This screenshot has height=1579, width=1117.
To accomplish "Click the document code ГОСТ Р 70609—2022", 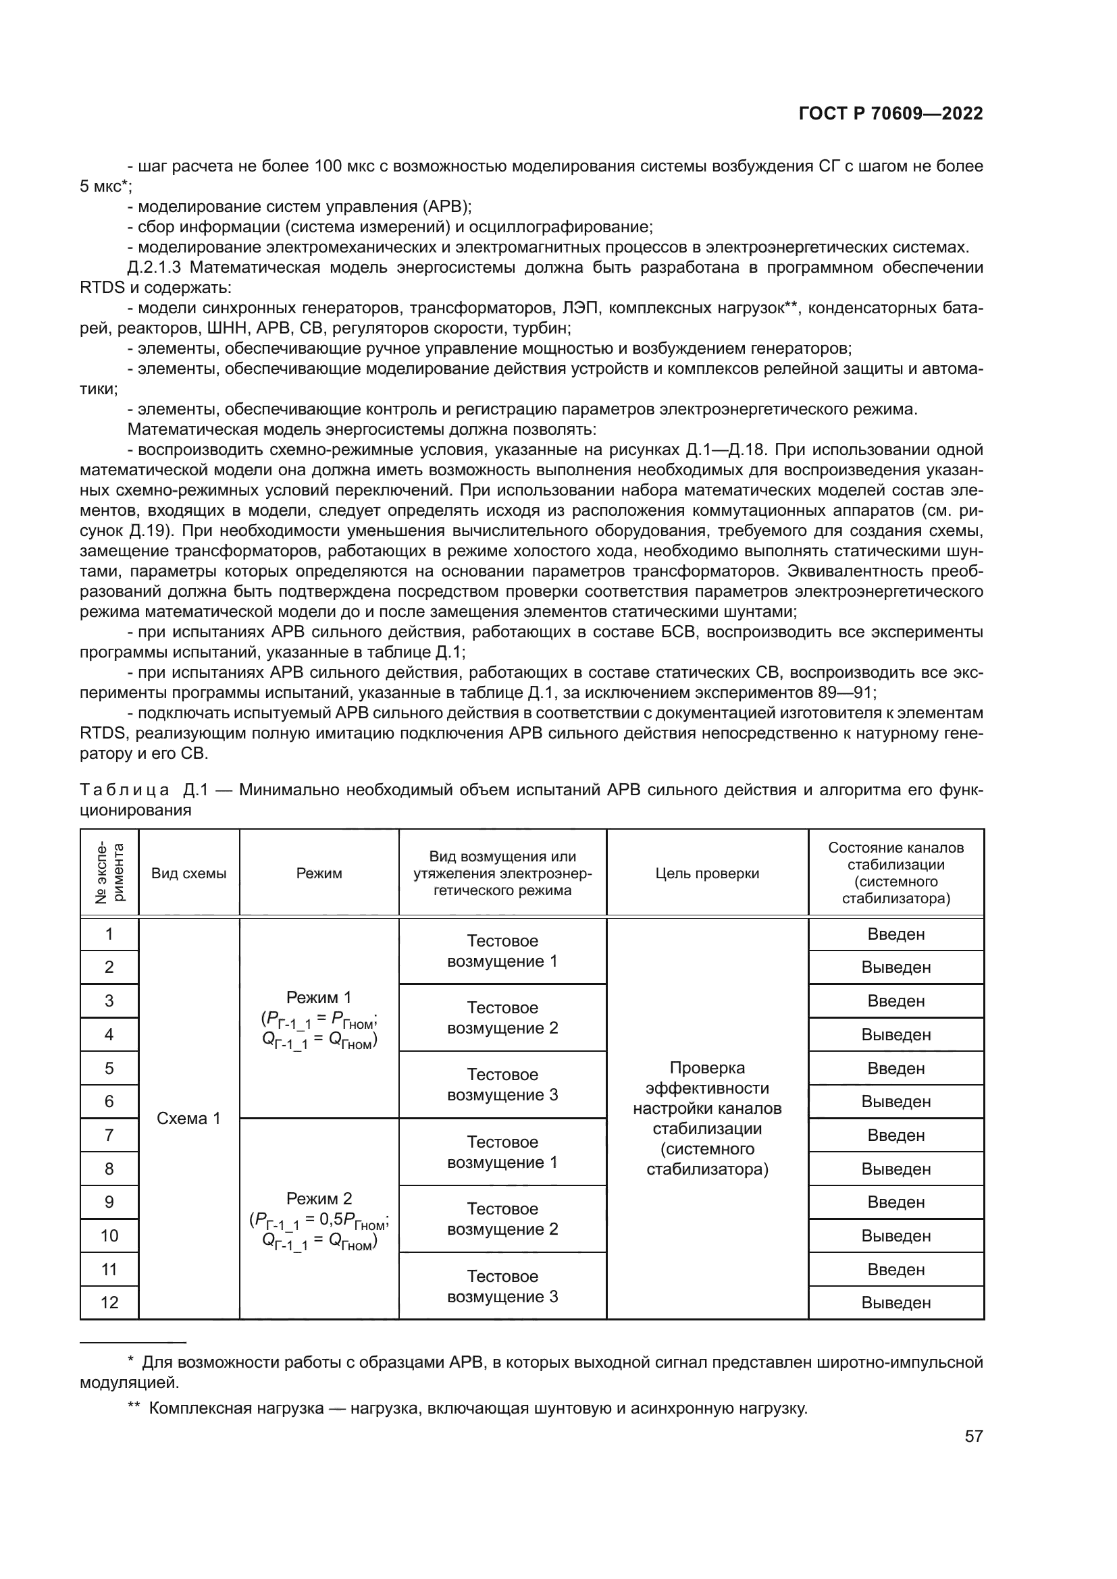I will (891, 113).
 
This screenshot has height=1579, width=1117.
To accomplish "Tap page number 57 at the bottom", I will (973, 1436).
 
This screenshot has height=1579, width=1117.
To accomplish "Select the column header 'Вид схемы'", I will (188, 874).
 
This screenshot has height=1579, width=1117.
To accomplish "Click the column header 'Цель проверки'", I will (707, 874).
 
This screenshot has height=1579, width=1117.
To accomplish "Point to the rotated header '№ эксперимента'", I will (109, 873).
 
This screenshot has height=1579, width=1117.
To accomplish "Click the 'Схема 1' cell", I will (188, 1118).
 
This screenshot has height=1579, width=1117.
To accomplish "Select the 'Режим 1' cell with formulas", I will (319, 1019).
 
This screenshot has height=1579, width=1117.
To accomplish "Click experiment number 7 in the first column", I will (109, 1135).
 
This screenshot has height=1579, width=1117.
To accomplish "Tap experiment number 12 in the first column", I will (109, 1302).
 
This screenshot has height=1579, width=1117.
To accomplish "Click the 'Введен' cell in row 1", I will (895, 934).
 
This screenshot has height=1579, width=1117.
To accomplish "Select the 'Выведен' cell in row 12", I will (895, 1302).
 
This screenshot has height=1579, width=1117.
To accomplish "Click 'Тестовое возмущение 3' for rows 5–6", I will (502, 1085).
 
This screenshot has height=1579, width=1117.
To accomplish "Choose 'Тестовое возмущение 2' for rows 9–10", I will (502, 1219).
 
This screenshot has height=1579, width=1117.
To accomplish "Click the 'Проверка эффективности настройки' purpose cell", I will (707, 1118).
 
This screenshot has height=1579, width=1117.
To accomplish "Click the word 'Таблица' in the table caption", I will (124, 790).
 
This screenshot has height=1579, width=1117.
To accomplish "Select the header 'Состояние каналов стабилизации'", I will (895, 873).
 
